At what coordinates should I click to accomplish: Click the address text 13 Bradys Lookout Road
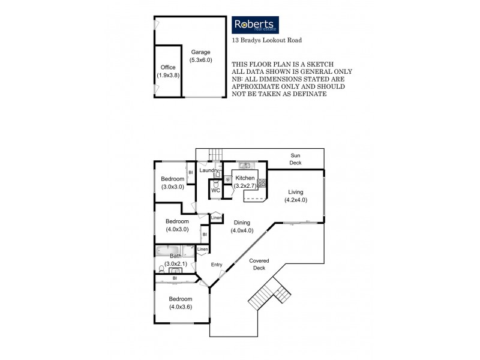266,41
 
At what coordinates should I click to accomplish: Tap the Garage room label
200,52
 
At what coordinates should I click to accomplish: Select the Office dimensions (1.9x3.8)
169,76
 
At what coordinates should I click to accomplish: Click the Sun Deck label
296,159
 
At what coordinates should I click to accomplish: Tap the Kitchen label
245,178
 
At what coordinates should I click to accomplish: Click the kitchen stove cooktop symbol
262,184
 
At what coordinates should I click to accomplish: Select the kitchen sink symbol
245,165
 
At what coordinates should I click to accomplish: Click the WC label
216,190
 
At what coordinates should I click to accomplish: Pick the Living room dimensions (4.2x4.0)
296,200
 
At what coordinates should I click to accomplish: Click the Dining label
242,222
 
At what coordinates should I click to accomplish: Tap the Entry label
217,264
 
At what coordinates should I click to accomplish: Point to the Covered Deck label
260,265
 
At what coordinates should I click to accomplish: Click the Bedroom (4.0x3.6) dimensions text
180,307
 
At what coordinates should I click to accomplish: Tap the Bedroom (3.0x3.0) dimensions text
172,187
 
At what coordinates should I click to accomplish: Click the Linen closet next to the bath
203,249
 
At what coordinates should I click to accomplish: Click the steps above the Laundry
214,154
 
